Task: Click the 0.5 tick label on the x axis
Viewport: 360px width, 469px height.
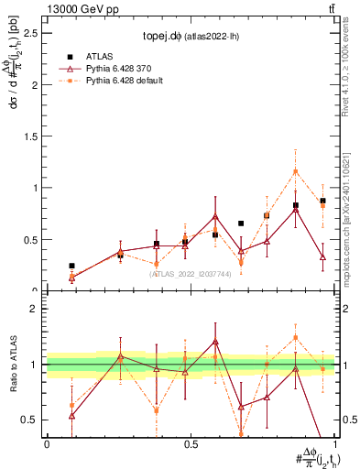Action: click(x=191, y=442)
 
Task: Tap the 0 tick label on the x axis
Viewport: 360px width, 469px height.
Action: click(x=47, y=442)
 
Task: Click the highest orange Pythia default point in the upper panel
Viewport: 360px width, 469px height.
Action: click(x=295, y=171)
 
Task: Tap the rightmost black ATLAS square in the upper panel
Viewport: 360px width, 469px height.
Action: click(x=322, y=201)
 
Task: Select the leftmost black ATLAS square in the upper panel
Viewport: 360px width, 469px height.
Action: click(x=71, y=266)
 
